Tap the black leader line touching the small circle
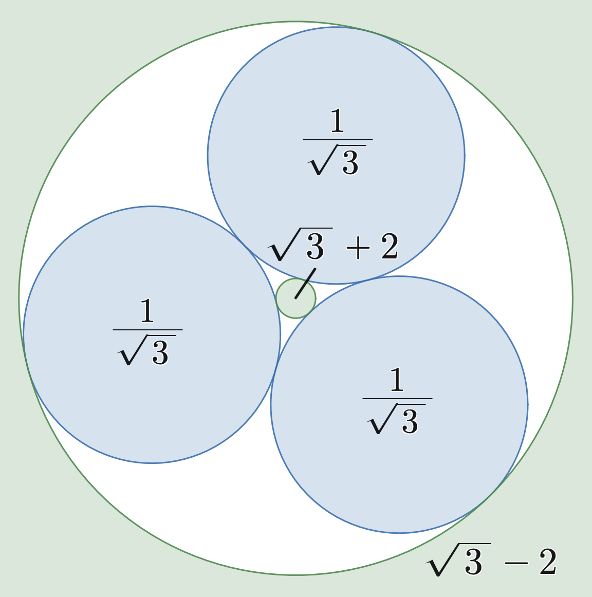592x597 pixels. coord(305,283)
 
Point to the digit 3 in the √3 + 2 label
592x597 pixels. coord(315,247)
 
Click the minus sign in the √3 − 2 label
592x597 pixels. coord(516,563)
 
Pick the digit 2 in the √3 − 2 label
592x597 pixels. coord(548,562)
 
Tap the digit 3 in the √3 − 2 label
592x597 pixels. coord(474,562)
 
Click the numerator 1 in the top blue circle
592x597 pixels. coord(337,120)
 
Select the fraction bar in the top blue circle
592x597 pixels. coord(338,140)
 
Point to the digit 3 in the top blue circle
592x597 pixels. coord(350,162)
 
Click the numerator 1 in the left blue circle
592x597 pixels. coord(147,310)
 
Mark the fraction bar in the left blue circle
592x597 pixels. coord(147,330)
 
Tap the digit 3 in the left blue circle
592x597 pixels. coord(160,352)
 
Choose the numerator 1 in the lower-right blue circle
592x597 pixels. coord(397,379)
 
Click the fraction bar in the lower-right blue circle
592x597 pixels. coord(397,399)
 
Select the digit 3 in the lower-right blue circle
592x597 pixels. coord(410,421)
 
